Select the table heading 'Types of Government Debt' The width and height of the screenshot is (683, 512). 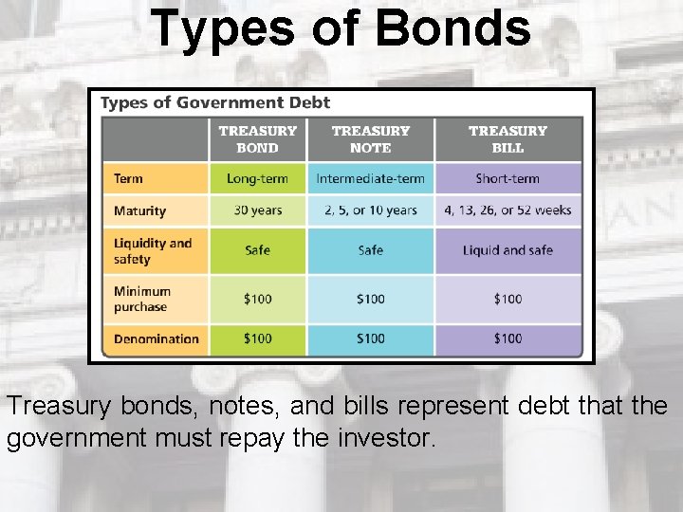pyautogui.click(x=215, y=102)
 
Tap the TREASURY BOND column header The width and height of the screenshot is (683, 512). pyautogui.click(x=257, y=139)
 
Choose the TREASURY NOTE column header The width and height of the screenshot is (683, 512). pyautogui.click(x=371, y=139)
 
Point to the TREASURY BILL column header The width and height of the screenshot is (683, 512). pyautogui.click(x=508, y=139)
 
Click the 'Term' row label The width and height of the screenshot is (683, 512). pyautogui.click(x=128, y=178)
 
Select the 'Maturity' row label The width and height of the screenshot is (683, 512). pyautogui.click(x=139, y=210)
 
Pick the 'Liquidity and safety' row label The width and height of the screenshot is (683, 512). pyautogui.click(x=152, y=250)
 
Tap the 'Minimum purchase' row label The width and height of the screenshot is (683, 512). pyautogui.click(x=142, y=299)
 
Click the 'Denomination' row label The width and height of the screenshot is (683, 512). pyautogui.click(x=157, y=338)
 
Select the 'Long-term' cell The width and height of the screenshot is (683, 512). pyautogui.click(x=257, y=178)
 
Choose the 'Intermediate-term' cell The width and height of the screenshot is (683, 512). pyautogui.click(x=371, y=178)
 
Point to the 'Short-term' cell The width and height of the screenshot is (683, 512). pyautogui.click(x=508, y=178)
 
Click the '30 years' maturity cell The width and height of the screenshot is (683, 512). pyautogui.click(x=257, y=210)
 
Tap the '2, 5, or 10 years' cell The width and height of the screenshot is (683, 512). pyautogui.click(x=371, y=210)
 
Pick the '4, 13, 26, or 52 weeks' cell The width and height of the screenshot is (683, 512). pyautogui.click(x=508, y=210)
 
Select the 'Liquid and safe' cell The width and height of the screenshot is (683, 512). pyautogui.click(x=508, y=250)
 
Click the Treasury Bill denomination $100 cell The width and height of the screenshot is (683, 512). pyautogui.click(x=508, y=338)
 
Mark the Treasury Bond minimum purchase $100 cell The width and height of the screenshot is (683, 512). pyautogui.click(x=257, y=299)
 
